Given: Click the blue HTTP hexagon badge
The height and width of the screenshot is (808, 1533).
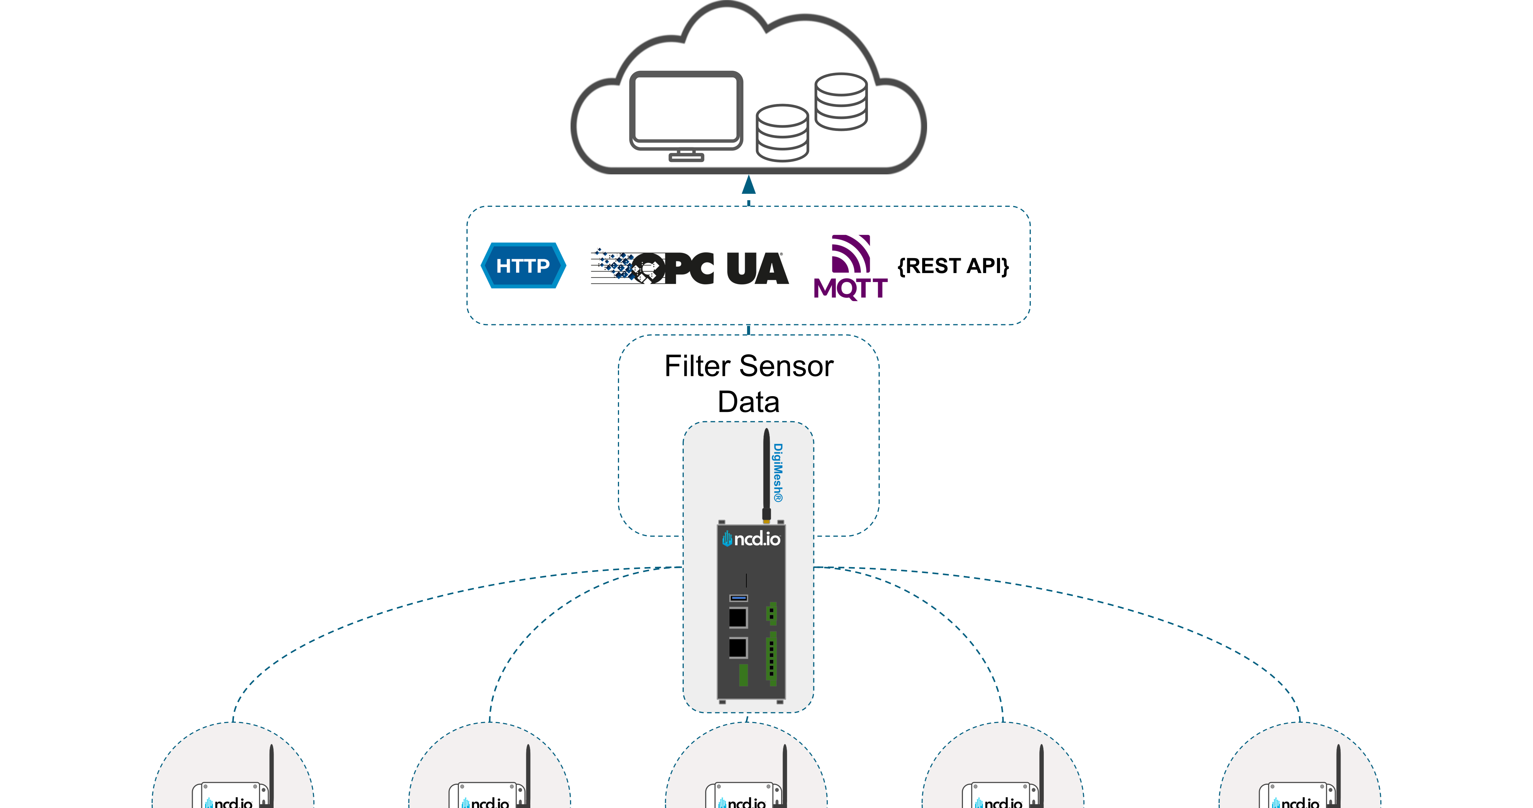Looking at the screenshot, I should click(x=522, y=265).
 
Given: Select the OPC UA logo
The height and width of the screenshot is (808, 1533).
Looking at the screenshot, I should click(x=690, y=268).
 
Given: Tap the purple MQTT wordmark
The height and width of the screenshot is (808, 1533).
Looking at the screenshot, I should click(x=850, y=288).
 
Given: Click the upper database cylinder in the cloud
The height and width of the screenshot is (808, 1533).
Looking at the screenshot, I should click(x=841, y=101).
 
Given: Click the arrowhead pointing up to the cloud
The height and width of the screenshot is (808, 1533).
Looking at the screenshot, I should click(x=749, y=185).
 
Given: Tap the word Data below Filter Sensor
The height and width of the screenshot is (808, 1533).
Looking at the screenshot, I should click(x=748, y=402).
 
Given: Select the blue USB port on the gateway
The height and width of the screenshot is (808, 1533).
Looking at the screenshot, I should click(x=738, y=597).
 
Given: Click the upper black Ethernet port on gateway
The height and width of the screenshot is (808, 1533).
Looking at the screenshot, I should click(x=738, y=618).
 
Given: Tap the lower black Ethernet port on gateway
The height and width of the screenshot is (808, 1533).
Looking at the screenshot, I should click(x=738, y=648).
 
